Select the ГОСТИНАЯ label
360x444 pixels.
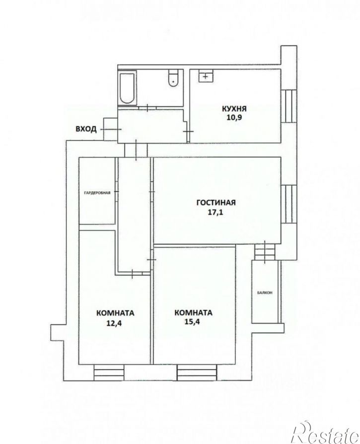coord(216,202)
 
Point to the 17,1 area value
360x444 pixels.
coord(216,211)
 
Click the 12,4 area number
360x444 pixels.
coord(115,322)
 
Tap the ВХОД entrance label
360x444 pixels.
coord(86,129)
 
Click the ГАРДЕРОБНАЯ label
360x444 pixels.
coord(97,192)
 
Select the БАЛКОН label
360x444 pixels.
coord(265,293)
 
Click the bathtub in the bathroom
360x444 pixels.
coord(126,89)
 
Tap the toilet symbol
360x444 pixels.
coord(173,78)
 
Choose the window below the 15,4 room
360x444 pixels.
coord(197,371)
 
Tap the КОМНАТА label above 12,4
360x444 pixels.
coord(115,313)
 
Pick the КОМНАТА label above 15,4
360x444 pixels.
coord(193,313)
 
